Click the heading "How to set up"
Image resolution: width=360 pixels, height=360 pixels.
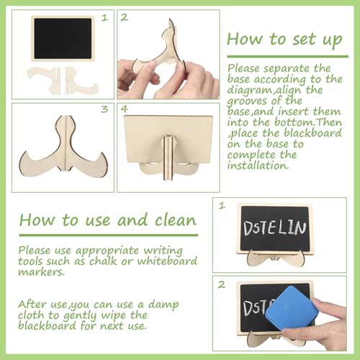(284, 40)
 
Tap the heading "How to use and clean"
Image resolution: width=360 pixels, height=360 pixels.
(108, 220)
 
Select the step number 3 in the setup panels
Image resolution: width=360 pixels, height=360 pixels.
(104, 109)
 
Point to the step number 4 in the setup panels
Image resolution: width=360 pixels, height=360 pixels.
(124, 109)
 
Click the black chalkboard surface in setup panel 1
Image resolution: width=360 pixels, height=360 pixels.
(63, 39)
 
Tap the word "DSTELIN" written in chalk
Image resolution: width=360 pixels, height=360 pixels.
(275, 228)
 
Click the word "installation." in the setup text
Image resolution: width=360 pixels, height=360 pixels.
(258, 166)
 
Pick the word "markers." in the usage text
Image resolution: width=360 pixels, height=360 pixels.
(42, 271)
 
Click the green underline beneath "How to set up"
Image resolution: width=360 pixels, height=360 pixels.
(287, 57)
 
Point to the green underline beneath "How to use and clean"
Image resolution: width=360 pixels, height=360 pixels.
(109, 235)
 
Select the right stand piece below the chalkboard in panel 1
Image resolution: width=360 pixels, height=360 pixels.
(81, 81)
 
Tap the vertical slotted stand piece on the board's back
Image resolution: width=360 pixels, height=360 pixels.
(168, 158)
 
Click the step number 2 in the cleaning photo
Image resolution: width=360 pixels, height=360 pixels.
(222, 284)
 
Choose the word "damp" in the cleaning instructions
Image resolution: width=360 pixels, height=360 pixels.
(163, 305)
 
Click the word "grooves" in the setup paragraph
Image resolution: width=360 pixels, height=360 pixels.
(247, 101)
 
